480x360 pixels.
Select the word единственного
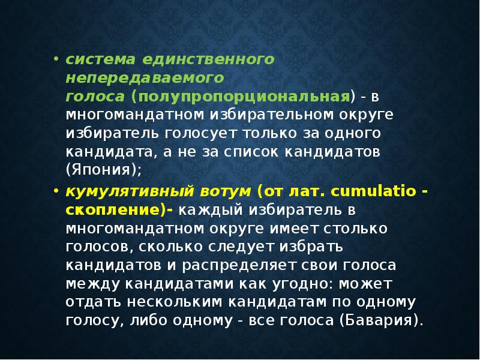click(209, 60)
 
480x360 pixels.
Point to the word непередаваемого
click(145, 78)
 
